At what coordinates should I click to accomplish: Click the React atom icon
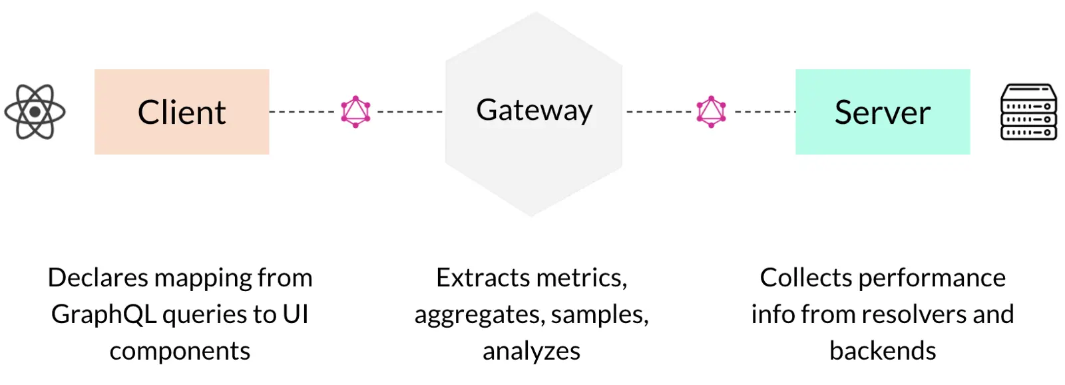[35, 112]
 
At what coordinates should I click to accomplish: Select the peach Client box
[182, 112]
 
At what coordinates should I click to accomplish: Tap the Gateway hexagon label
[534, 111]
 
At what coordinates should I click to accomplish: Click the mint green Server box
[883, 112]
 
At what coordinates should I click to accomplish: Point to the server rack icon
[1028, 112]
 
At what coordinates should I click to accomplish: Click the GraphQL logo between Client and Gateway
[355, 112]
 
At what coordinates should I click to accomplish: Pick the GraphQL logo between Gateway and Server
[711, 112]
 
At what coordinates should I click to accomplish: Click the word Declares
[98, 278]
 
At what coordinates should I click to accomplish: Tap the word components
[180, 351]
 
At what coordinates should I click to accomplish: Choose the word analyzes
[531, 351]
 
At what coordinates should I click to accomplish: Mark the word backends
[883, 351]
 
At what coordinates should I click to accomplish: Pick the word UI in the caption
[296, 314]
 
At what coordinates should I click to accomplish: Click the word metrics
[586, 278]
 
